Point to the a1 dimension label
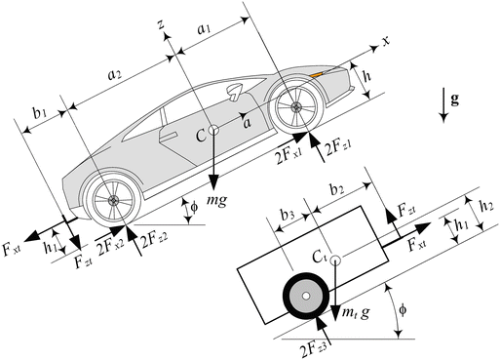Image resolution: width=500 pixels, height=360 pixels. coord(204,29)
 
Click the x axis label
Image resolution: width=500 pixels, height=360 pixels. coord(386,43)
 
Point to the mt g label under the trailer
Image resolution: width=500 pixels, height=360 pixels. coord(354,311)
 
